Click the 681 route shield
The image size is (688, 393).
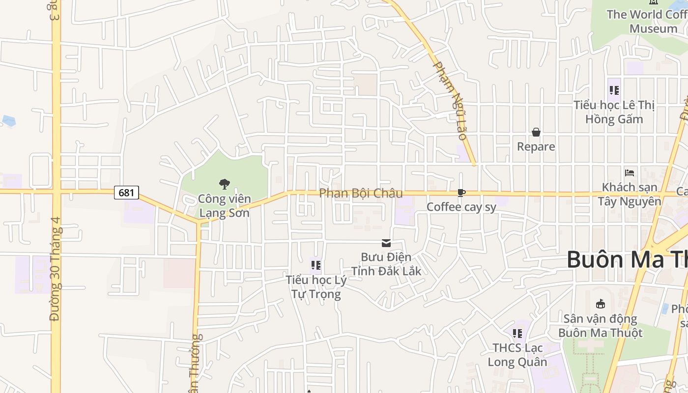click(126, 193)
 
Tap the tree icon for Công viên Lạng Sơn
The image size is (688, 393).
click(225, 184)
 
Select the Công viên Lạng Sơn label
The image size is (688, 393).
click(224, 206)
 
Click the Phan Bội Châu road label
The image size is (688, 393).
click(361, 193)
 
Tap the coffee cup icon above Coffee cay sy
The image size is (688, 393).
click(461, 193)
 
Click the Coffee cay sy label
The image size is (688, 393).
click(461, 207)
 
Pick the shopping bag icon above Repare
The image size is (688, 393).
click(536, 132)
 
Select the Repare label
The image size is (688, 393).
click(536, 146)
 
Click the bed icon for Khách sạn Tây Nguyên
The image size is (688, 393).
click(630, 172)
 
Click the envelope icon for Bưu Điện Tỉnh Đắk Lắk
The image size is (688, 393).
click(386, 243)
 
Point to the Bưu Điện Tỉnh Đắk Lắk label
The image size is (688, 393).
click(386, 264)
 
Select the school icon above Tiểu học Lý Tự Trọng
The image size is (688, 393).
click(316, 266)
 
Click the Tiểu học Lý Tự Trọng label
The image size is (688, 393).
click(316, 287)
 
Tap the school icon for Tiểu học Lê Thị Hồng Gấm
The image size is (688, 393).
click(614, 90)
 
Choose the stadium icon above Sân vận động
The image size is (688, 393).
click(600, 304)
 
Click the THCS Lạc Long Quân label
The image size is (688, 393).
click(517, 355)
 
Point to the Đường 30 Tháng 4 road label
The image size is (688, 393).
click(55, 269)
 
